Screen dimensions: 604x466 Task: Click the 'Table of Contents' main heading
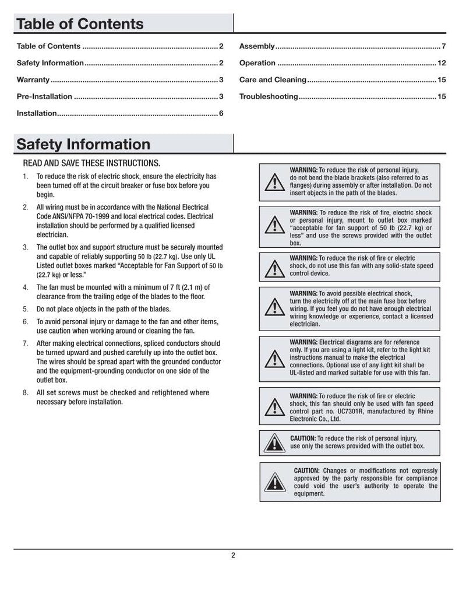(x=80, y=24)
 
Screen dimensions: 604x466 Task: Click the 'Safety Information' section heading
(x=83, y=144)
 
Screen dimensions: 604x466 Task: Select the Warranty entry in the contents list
(x=33, y=80)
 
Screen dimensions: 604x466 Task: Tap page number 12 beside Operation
(x=441, y=63)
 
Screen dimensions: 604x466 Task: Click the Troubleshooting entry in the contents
(x=269, y=97)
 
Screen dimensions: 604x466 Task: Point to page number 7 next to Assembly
(x=443, y=46)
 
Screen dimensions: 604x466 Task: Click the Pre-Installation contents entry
(x=44, y=97)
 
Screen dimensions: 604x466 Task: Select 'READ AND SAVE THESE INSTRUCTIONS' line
(x=91, y=163)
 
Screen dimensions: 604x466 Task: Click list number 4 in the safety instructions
(x=25, y=287)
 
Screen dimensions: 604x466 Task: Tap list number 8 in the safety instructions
(x=25, y=393)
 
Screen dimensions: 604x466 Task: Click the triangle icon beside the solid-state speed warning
(x=271, y=268)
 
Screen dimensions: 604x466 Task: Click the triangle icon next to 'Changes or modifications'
(x=271, y=482)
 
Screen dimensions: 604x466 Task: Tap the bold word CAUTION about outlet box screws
(x=302, y=438)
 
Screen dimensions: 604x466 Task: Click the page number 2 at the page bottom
(x=233, y=555)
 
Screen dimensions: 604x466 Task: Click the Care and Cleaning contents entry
(x=273, y=80)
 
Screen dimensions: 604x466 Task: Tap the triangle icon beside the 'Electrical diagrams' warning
(x=271, y=357)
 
